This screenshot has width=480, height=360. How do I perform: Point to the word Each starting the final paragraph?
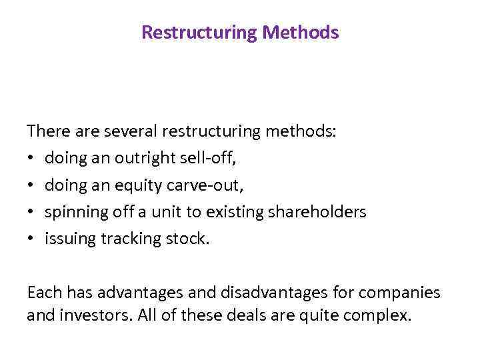(42, 292)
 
